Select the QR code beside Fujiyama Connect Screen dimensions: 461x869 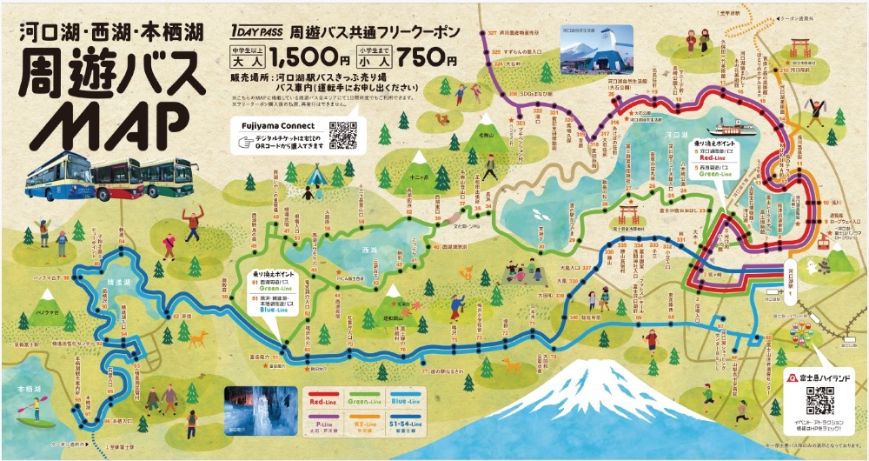pyautogui.click(x=343, y=134)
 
